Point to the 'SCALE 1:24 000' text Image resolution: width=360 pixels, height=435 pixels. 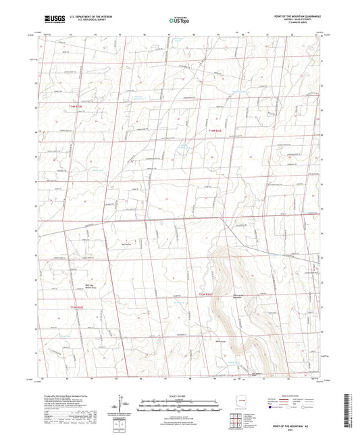[180, 395]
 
